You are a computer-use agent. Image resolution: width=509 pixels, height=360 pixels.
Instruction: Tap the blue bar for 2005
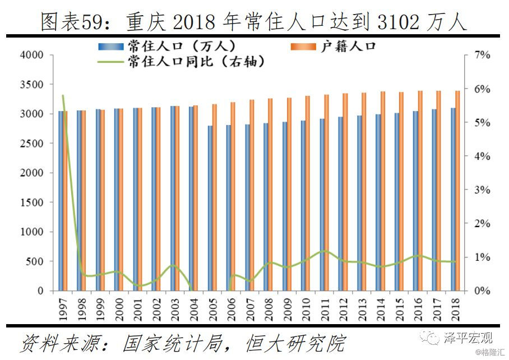click(210, 208)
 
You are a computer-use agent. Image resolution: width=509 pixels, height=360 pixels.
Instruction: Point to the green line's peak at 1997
click(63, 96)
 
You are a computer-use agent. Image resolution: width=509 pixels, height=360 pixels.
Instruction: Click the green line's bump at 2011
click(324, 251)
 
